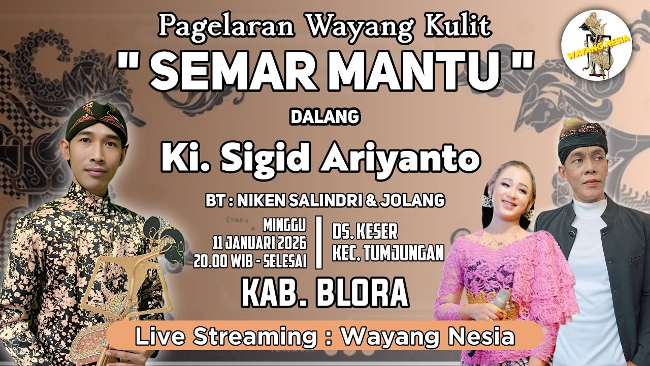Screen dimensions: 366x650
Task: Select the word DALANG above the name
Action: [x=324, y=117]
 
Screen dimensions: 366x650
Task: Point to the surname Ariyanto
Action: [x=400, y=159]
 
